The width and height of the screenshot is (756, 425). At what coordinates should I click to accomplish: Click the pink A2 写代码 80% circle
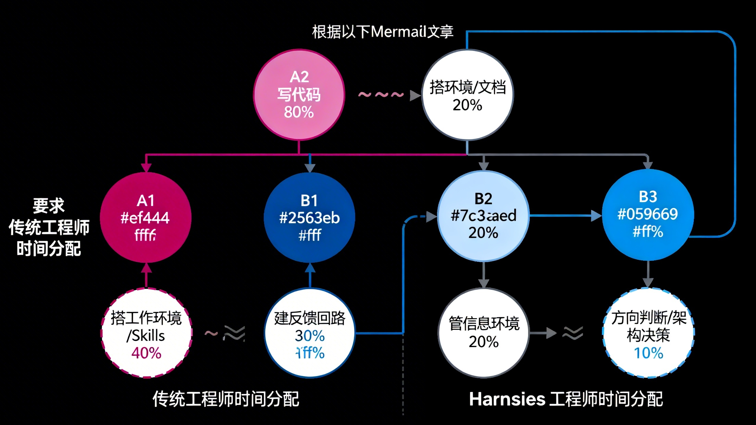tap(299, 94)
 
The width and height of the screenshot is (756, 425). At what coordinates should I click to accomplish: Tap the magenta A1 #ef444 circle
tap(146, 218)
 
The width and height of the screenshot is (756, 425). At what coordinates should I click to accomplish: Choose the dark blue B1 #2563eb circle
tap(309, 218)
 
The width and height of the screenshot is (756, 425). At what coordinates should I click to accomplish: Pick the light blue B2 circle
tap(483, 216)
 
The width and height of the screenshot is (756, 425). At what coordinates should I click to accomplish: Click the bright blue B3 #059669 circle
tap(648, 215)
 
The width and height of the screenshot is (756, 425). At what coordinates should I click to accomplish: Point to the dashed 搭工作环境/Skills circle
tap(146, 333)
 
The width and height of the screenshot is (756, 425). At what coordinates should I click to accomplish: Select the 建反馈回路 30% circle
tap(309, 333)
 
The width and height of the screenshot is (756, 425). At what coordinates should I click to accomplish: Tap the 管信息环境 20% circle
tap(483, 333)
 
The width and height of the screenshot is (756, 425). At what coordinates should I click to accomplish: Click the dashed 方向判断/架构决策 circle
tap(649, 333)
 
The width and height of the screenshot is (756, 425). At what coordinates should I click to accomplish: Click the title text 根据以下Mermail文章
tap(382, 32)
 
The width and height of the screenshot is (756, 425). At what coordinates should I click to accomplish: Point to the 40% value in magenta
tap(146, 353)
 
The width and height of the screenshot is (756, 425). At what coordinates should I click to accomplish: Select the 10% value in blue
tap(649, 353)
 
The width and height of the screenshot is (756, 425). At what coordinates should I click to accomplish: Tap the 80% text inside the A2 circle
tap(299, 112)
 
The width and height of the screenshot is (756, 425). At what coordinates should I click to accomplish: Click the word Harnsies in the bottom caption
tap(507, 399)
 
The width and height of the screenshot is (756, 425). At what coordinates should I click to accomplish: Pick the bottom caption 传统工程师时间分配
tap(226, 399)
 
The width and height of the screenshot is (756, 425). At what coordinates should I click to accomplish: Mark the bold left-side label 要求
tap(48, 206)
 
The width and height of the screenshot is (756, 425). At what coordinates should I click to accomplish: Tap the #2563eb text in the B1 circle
tap(309, 218)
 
